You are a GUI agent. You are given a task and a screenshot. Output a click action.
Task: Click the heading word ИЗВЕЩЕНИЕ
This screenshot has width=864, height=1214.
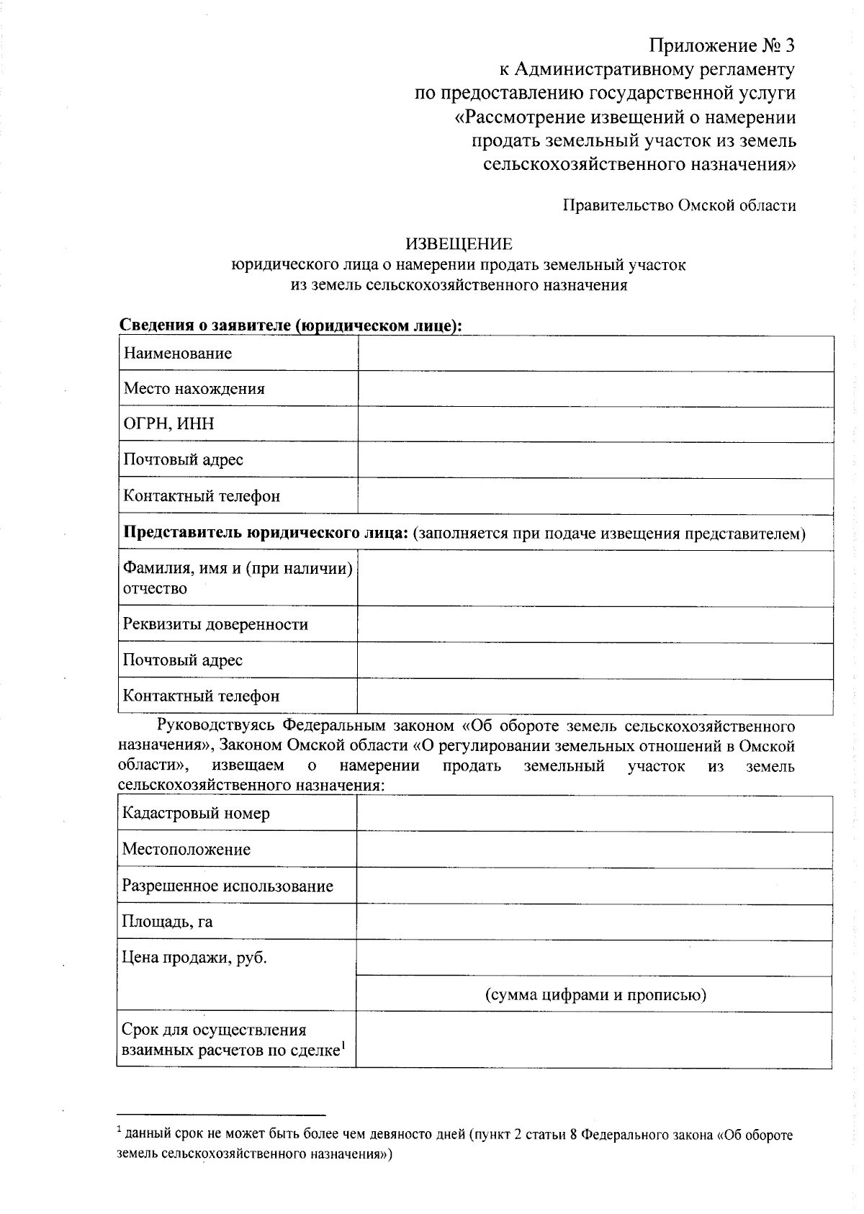click(459, 245)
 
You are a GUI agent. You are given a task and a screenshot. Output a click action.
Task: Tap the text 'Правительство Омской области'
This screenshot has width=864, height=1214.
click(679, 206)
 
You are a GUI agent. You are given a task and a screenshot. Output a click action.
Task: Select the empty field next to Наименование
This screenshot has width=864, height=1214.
click(595, 354)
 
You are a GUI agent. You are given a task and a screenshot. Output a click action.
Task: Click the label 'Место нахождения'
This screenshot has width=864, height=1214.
click(194, 389)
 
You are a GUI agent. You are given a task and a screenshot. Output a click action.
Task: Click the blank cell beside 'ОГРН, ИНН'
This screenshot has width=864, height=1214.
click(595, 424)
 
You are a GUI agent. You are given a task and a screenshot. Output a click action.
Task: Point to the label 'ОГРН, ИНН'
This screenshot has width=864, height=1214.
click(169, 424)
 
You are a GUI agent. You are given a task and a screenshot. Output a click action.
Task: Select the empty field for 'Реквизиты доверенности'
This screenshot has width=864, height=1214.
click(595, 624)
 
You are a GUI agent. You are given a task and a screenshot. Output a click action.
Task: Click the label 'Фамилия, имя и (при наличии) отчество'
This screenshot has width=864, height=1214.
click(238, 578)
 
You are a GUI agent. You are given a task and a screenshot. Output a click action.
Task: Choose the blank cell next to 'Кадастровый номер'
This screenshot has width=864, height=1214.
click(594, 814)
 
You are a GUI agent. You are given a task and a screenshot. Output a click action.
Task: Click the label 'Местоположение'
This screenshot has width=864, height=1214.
click(186, 850)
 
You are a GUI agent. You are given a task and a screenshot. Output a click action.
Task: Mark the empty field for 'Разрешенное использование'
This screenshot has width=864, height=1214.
click(594, 886)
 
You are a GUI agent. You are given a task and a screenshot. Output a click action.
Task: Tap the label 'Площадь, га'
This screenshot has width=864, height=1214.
click(168, 922)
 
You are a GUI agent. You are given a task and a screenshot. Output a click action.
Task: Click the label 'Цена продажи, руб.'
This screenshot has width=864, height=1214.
click(194, 958)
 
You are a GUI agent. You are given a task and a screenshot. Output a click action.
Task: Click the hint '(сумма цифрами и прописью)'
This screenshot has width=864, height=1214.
click(594, 995)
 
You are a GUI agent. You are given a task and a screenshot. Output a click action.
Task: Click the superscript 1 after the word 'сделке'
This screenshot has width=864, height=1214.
click(343, 1046)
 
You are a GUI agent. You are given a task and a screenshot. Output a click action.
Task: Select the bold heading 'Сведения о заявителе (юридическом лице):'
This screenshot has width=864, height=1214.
click(289, 326)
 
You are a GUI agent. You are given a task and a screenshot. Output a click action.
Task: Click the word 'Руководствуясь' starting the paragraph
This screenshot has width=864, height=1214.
click(216, 725)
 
